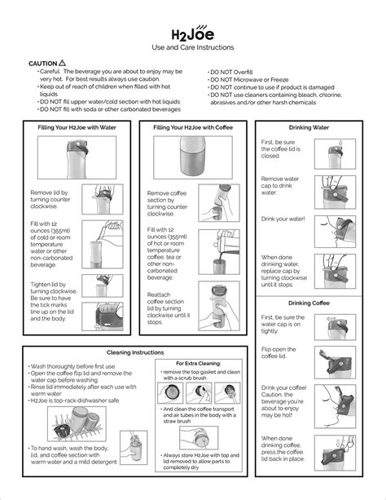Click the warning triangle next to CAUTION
pyautogui.click(x=63, y=63)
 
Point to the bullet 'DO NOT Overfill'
pyautogui.click(x=235, y=72)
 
